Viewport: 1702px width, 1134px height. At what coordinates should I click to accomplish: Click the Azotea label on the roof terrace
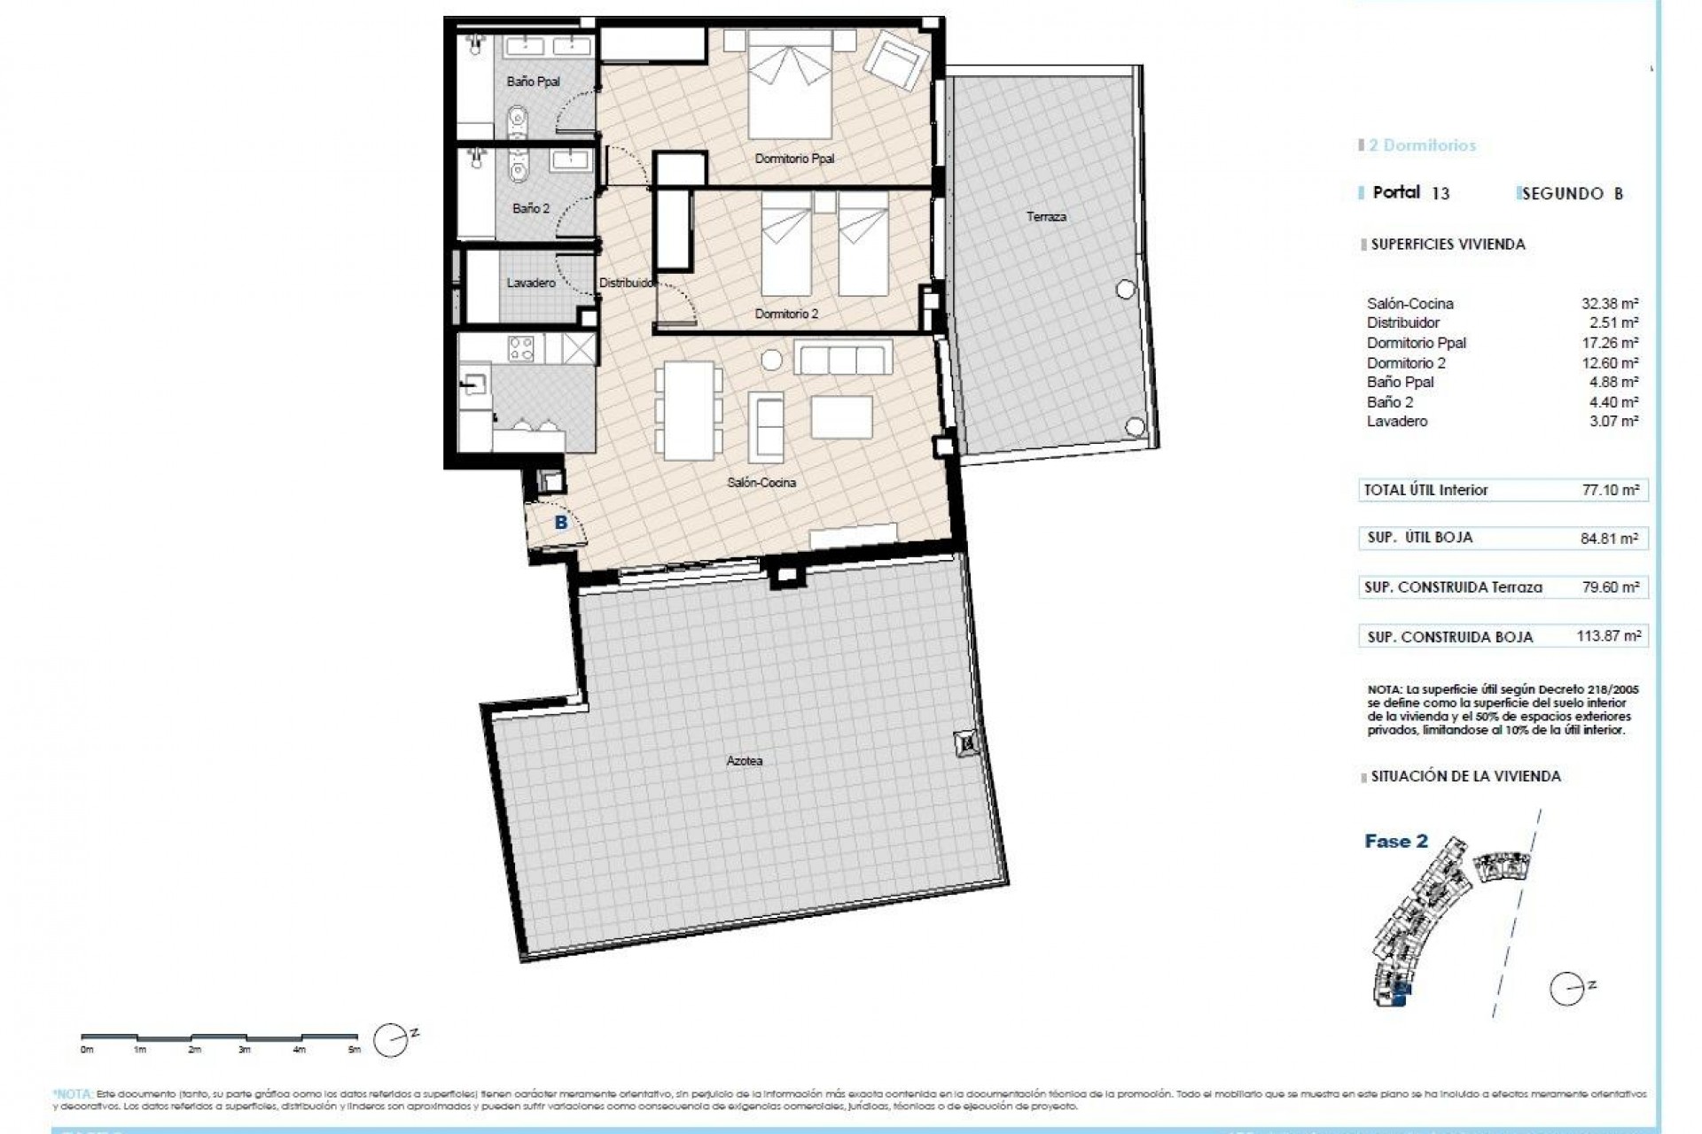point(744,761)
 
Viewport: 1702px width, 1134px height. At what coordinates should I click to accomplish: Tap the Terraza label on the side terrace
point(1046,217)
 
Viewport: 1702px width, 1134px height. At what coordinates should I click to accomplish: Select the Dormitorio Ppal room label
point(794,159)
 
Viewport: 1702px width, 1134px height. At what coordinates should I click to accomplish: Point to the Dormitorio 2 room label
point(786,315)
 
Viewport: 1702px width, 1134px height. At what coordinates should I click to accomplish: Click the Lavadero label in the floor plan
point(531,283)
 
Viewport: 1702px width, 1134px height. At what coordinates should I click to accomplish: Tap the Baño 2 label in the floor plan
point(531,209)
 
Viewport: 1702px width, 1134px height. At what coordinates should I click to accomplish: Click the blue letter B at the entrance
point(560,524)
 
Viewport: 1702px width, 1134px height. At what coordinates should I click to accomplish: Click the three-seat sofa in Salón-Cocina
point(843,360)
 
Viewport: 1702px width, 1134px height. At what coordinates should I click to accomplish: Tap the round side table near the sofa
point(771,360)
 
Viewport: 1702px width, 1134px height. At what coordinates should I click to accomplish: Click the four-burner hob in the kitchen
point(520,348)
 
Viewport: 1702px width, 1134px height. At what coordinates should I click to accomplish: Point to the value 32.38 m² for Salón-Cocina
point(1610,304)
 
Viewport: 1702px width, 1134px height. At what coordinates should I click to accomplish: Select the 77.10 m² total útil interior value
point(1612,490)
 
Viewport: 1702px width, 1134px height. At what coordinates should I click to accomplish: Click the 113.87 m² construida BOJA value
point(1612,636)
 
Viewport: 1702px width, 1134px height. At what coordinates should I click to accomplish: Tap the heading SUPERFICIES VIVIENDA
point(1448,245)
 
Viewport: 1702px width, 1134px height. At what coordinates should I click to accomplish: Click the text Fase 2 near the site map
point(1396,842)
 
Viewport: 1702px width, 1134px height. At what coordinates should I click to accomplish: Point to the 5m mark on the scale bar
point(355,1050)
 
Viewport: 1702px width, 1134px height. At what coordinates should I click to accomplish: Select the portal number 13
point(1440,193)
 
